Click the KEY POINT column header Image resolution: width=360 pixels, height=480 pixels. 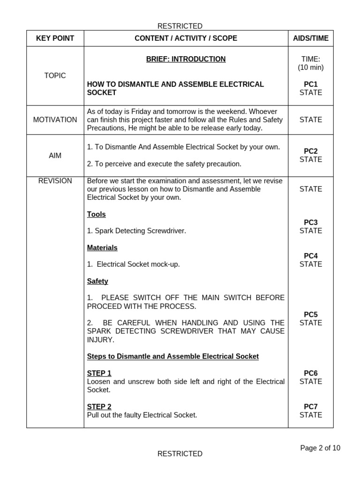point(55,38)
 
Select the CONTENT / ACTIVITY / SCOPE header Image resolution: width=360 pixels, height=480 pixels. point(186,38)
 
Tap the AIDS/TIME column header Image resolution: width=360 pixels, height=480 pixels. point(311,38)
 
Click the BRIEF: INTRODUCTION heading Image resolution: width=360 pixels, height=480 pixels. point(186,59)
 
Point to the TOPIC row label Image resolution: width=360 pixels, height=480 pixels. point(55,75)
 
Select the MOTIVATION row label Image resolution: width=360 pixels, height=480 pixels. point(55,120)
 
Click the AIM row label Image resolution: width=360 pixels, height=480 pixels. point(55,155)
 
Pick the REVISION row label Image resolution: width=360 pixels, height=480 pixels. point(55,181)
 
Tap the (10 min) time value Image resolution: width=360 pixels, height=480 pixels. point(311,67)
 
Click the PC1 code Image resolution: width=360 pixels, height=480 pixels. point(311,84)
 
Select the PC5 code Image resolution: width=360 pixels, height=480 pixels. point(311,315)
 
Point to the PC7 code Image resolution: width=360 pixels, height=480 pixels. point(311,407)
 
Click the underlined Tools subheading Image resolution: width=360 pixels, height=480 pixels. point(96,214)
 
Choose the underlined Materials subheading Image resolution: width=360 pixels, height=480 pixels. point(102,247)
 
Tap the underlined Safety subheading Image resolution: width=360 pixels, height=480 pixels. point(97,281)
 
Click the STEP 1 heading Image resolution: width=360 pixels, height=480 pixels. point(99,373)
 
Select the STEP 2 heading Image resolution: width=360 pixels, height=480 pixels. point(99,407)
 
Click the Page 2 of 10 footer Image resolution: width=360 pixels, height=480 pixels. point(320,448)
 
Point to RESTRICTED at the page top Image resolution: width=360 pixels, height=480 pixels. point(180,26)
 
